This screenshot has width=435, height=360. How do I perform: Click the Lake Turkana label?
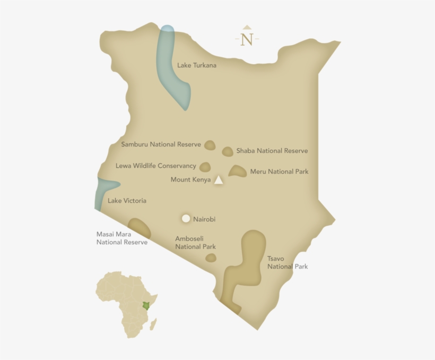click(197, 65)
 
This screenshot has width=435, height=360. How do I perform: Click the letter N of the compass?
click(247, 40)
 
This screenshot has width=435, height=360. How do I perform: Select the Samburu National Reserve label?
click(161, 144)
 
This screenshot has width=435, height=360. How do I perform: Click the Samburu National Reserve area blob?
click(210, 145)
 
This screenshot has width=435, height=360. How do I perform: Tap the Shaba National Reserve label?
click(272, 151)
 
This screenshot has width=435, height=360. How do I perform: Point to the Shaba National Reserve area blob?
click(228, 151)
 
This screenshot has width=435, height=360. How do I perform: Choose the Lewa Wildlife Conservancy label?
click(156, 166)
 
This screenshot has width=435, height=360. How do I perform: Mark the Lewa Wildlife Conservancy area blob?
click(205, 167)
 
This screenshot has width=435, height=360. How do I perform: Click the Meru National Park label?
click(279, 172)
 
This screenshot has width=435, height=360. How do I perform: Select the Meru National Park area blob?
click(238, 171)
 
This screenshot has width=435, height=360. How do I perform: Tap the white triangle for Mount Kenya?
click(219, 181)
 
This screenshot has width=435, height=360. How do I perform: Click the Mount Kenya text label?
click(190, 180)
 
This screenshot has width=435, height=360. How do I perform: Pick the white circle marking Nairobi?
click(186, 218)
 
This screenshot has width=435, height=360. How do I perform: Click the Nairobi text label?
click(204, 219)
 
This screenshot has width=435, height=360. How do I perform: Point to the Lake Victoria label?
click(127, 201)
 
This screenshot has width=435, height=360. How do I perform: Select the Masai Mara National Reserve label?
click(122, 238)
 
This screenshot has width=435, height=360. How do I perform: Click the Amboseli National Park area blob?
click(211, 258)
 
